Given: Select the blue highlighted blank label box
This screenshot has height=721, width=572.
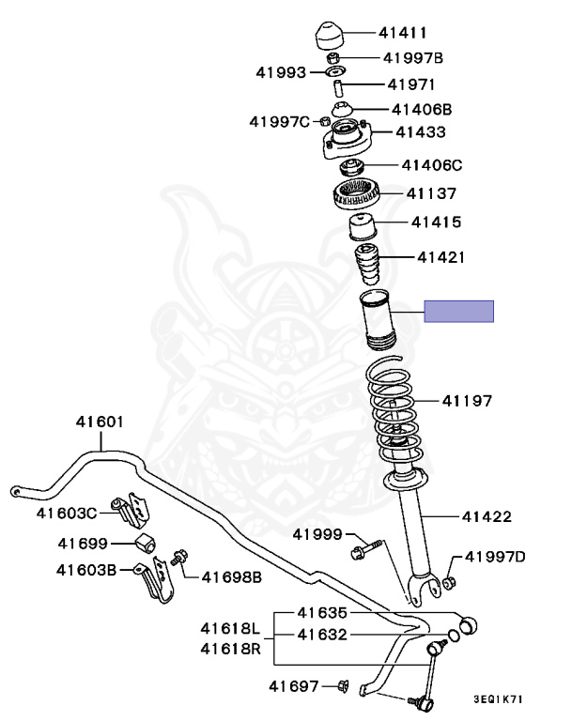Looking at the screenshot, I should (458, 312).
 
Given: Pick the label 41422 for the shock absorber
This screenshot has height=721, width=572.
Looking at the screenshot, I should (487, 516).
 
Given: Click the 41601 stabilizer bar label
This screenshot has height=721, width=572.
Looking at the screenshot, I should (100, 422).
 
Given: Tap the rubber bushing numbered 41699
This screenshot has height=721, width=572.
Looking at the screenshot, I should (145, 543).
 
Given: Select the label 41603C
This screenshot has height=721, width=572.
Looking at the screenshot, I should (67, 513).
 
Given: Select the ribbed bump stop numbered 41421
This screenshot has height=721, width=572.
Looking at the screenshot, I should (368, 266).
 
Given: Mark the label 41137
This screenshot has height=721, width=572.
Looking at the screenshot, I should (431, 194).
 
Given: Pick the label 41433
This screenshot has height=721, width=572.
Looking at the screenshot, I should (420, 132).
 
